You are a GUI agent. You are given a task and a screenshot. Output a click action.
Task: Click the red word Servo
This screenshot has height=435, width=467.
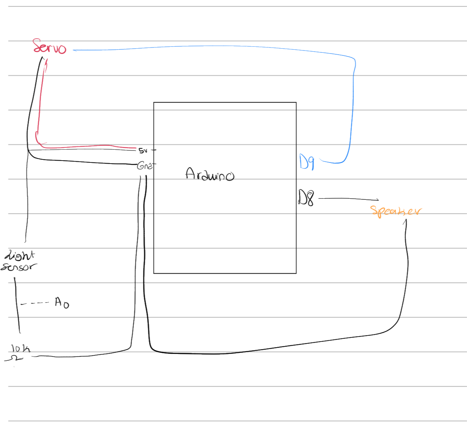(x=49, y=47)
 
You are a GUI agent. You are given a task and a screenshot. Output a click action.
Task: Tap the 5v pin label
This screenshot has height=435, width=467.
(x=143, y=151)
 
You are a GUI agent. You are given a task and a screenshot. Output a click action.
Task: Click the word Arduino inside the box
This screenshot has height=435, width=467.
(x=210, y=175)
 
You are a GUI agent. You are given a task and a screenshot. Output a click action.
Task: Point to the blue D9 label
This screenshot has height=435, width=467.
(x=306, y=162)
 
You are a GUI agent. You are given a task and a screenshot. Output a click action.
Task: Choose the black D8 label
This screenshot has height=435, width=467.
(x=306, y=198)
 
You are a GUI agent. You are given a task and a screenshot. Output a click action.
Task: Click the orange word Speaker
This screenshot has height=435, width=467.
(x=395, y=211)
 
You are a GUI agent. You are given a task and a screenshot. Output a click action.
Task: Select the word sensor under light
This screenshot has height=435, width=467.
(x=18, y=267)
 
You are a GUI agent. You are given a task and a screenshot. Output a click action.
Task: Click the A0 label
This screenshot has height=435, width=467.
(x=62, y=302)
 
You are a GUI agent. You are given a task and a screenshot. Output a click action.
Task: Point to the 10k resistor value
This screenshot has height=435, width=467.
(x=20, y=348)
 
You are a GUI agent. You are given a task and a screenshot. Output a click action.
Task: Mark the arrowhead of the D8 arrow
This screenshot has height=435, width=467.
(x=377, y=200)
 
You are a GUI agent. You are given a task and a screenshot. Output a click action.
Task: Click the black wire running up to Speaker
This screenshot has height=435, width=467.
(x=407, y=271)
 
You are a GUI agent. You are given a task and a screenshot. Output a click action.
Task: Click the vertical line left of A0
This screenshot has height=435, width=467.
(x=17, y=305)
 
